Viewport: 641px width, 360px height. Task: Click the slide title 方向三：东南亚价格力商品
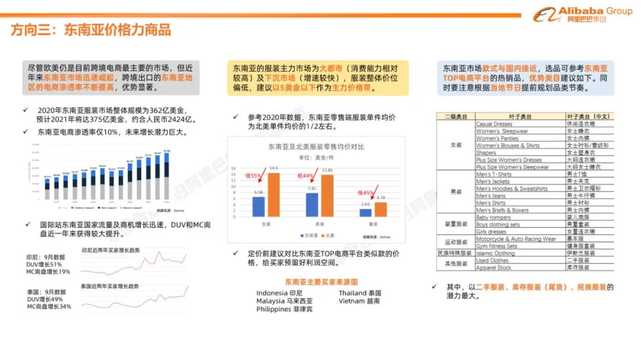coord(91,30)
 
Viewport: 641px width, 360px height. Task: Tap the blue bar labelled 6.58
coord(258,206)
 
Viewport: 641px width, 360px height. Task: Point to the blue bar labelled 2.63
coord(366,212)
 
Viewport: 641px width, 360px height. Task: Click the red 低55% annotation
coord(253,176)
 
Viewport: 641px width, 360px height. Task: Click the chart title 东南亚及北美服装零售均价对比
coord(316,146)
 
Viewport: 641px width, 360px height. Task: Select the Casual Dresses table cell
coord(494,124)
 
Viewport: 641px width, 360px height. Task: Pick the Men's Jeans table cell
coord(491,196)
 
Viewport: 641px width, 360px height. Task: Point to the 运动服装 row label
coord(454,243)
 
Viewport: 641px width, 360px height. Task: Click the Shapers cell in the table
coord(486,152)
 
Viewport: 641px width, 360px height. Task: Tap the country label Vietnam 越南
coord(360,301)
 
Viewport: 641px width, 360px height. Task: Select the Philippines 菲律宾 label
coord(284,310)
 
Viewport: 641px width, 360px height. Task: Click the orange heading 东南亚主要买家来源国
coord(321,282)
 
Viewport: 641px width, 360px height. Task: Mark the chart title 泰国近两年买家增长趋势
coord(110,286)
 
